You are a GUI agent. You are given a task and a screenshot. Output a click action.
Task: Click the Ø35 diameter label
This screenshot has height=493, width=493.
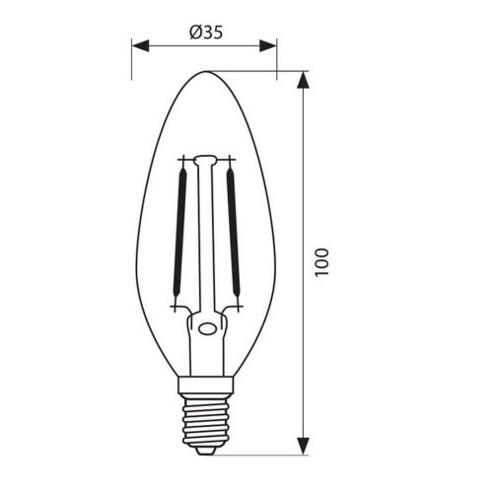tap(204, 32)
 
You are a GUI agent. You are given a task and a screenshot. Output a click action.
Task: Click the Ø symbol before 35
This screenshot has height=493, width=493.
tap(192, 32)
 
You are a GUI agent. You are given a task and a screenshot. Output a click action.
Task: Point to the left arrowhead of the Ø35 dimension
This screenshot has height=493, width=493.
tap(140, 45)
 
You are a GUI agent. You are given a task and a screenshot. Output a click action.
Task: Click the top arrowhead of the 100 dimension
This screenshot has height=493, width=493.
tap(302, 79)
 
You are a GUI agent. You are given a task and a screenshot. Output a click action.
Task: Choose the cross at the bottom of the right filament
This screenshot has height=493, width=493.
tap(232, 310)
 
